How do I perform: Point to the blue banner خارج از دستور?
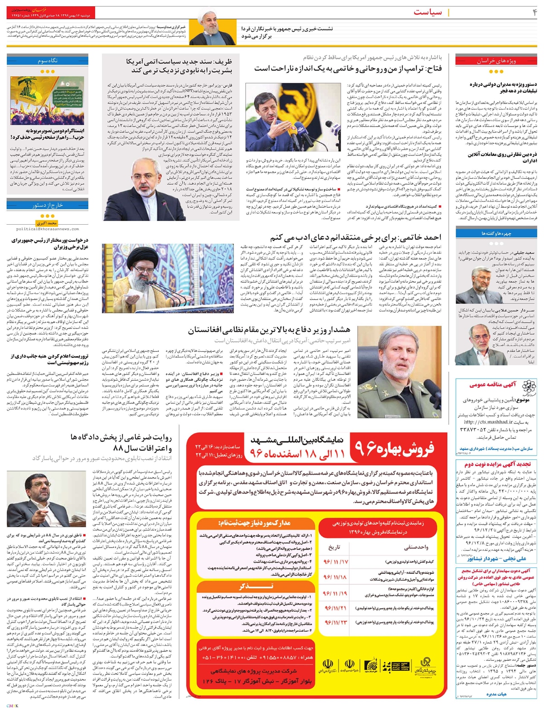click(x=39, y=205)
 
